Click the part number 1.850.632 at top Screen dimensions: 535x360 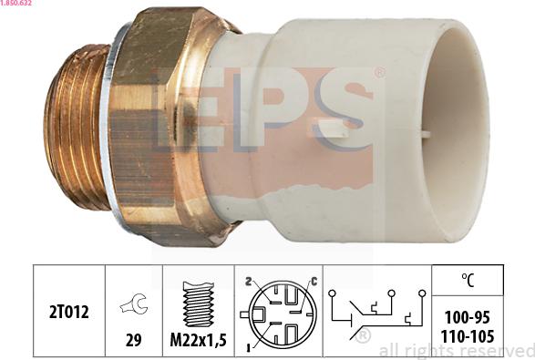16,3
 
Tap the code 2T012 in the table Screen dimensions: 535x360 69,312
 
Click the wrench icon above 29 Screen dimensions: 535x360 134,303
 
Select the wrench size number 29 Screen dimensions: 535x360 133,340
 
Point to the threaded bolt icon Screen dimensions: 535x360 199,303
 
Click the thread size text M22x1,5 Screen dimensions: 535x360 199,340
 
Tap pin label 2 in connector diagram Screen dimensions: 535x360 249,282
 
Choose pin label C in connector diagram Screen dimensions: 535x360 314,282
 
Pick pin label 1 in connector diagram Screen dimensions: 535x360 249,348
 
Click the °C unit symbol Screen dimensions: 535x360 468,280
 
